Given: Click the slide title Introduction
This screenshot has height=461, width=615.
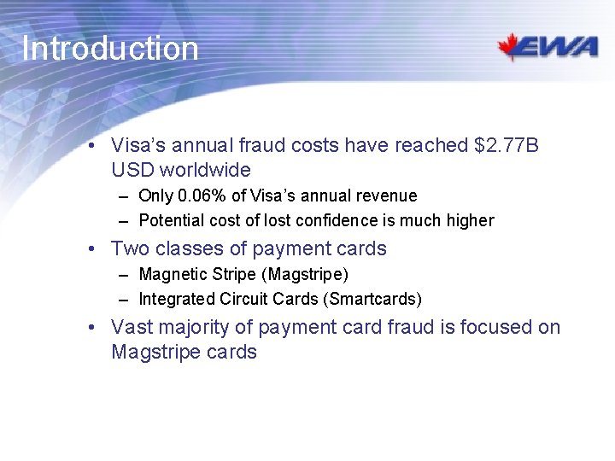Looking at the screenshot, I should [110, 49].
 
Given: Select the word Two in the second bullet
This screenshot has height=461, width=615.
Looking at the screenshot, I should [130, 249].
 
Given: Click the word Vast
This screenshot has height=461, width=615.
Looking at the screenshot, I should [132, 328].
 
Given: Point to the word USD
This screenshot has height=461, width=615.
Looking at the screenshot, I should [132, 170].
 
